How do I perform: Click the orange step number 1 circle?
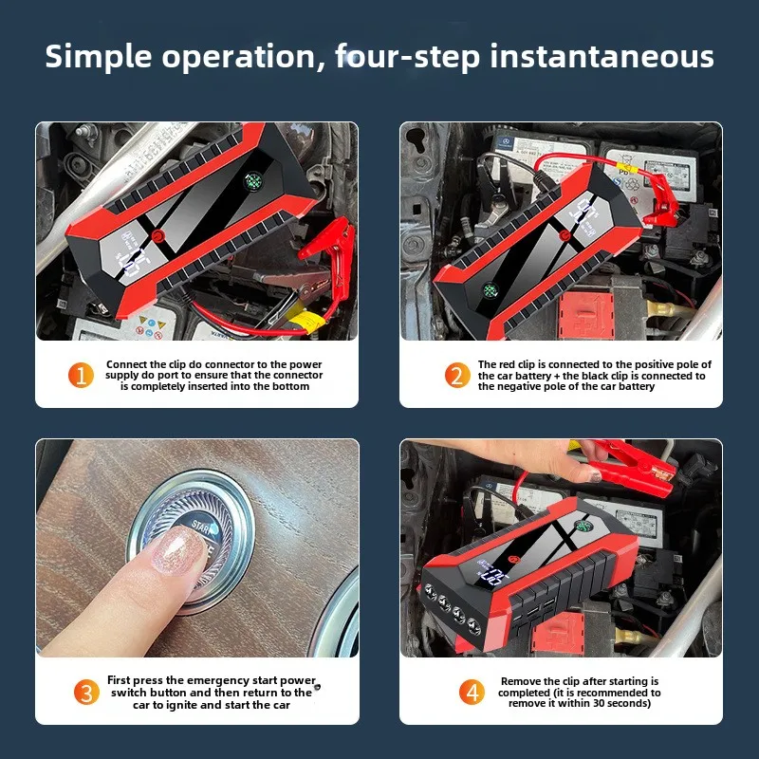[x=81, y=375]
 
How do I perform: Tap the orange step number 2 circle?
[x=457, y=375]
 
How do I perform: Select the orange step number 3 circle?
[x=86, y=693]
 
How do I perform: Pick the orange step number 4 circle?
[x=472, y=693]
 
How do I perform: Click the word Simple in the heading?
[x=99, y=57]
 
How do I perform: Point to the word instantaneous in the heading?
[x=602, y=56]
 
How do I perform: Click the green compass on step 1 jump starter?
[x=252, y=181]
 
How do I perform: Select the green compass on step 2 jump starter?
[x=491, y=290]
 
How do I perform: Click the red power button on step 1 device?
[x=157, y=236]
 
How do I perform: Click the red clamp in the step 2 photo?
[x=660, y=203]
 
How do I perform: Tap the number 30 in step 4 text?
[x=601, y=703]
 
